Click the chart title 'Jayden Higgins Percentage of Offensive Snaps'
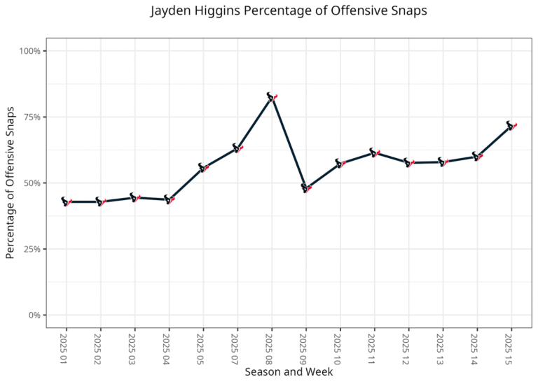(289, 11)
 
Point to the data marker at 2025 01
(66, 201)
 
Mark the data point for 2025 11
(374, 152)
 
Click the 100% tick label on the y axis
(29, 51)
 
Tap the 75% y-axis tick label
(32, 117)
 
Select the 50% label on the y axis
(32, 183)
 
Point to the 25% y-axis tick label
(32, 249)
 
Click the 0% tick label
(34, 315)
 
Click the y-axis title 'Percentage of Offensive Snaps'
(11, 183)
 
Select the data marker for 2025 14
(477, 157)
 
